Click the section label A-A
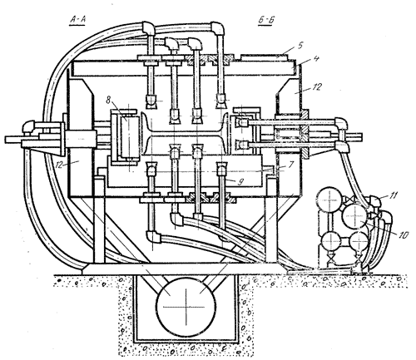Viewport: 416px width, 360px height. (77, 20)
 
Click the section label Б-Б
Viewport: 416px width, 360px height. (265, 20)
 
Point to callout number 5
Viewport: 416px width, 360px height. (300, 46)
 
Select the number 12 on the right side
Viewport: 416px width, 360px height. (317, 87)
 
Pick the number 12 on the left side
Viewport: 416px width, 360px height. (59, 165)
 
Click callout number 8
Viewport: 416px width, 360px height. (107, 100)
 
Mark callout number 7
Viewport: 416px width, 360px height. (290, 165)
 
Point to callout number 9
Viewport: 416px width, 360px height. (240, 181)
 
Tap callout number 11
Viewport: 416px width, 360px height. (393, 195)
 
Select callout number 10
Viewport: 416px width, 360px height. (404, 234)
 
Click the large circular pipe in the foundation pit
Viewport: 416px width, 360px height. (186, 305)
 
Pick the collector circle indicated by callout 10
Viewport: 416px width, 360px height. (355, 216)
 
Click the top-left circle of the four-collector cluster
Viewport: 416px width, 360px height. (329, 200)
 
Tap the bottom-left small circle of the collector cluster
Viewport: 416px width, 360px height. (331, 241)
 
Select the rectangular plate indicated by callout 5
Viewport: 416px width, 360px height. (265, 57)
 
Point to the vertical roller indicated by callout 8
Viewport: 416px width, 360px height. (129, 137)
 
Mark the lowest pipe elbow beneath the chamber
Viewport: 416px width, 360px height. (153, 237)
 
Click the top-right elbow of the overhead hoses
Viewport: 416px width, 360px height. (217, 28)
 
